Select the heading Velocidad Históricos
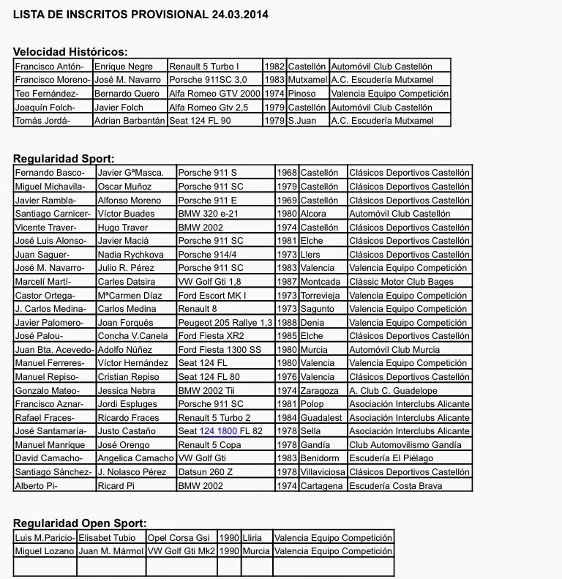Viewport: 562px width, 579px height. click(x=71, y=51)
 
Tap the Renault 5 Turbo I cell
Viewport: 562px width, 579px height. click(x=204, y=66)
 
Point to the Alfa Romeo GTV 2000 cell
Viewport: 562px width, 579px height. click(x=214, y=93)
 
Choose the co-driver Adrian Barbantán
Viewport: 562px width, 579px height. click(x=130, y=120)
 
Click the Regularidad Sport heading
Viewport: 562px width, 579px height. click(x=64, y=158)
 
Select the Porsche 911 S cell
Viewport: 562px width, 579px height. click(x=208, y=173)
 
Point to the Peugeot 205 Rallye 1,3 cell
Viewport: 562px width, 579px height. click(x=225, y=322)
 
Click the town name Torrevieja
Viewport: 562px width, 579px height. click(x=323, y=295)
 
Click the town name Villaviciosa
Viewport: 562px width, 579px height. click(x=323, y=471)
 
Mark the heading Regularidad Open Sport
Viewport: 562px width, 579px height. click(x=80, y=523)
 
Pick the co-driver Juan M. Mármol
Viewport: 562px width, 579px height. click(x=110, y=550)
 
